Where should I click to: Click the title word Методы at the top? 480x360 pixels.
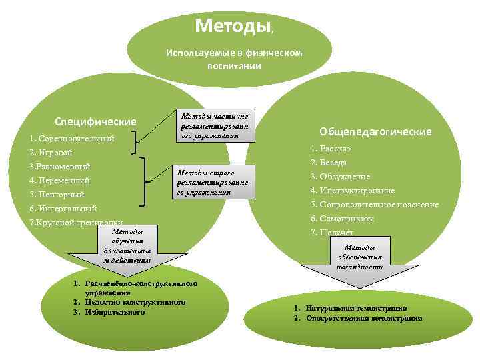tap(233, 26)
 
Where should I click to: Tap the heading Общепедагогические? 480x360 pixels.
tap(375, 131)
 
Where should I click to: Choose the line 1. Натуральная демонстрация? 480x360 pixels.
tap(349, 309)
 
